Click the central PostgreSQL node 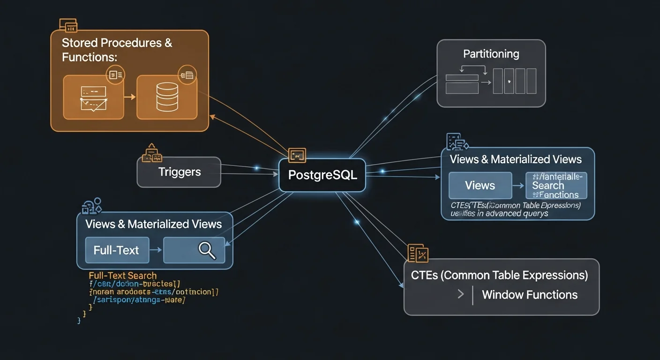322,175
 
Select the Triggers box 179,172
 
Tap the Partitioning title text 491,54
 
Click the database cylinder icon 167,97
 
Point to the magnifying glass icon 206,250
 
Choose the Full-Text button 117,250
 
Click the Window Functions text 529,295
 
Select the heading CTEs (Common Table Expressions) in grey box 499,275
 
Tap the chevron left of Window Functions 460,294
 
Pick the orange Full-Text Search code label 122,276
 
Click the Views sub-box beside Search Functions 480,186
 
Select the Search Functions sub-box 556,186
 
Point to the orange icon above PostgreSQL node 297,155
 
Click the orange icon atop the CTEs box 418,253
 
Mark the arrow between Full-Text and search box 156,250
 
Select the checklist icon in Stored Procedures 93,97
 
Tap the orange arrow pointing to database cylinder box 130,97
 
